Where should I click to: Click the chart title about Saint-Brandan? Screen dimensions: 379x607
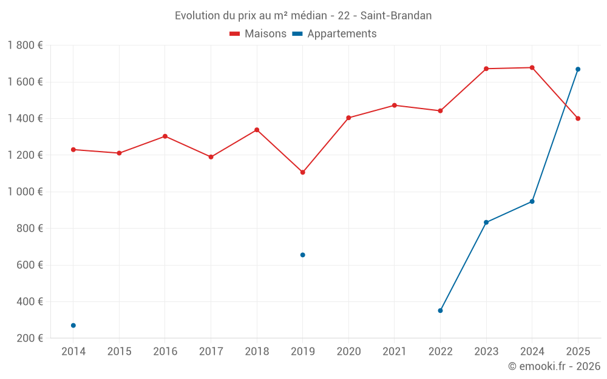coord(303,16)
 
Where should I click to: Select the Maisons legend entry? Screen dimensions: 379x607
coord(258,34)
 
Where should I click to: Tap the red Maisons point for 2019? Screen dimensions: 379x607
coord(303,172)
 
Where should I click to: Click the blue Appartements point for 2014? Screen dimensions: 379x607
coord(73,326)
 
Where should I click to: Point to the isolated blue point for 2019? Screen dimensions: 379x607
coord(303,255)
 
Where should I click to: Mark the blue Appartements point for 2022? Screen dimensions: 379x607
coord(440,310)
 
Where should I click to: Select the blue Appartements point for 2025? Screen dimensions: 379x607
coord(578,69)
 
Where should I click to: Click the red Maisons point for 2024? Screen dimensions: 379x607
coord(532,67)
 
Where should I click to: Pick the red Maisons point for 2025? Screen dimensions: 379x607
coord(578,118)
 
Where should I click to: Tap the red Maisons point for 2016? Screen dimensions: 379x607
coord(165,136)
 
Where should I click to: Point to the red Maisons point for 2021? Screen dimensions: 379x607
coord(395,106)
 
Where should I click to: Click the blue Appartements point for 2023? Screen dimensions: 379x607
coord(486,223)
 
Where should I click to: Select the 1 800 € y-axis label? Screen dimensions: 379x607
coord(25,45)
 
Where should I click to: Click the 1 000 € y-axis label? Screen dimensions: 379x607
coord(25,192)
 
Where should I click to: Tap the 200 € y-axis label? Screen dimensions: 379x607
coord(29,338)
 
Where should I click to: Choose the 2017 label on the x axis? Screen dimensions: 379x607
coord(211,352)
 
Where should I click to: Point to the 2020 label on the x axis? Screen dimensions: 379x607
coord(348,352)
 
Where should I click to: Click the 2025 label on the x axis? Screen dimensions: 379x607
coord(578,352)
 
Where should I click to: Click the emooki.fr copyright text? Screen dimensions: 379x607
coord(554,366)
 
